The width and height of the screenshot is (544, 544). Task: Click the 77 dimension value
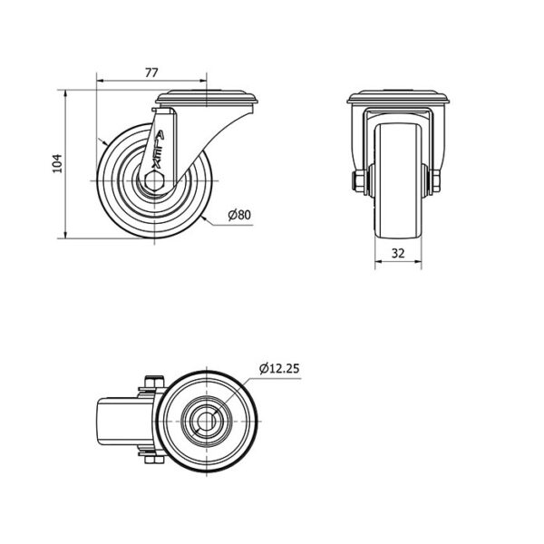coord(151,73)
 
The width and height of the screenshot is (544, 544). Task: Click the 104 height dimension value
coord(56,163)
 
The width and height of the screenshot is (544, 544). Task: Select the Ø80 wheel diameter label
coord(239,215)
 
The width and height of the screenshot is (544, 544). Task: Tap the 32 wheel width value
coord(398,253)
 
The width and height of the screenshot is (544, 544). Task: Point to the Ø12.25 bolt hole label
coord(279,368)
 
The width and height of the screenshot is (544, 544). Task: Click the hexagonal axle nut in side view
coord(154,180)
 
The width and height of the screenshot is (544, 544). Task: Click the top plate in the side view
coord(207,98)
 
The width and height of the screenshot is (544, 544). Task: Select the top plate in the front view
coord(398,97)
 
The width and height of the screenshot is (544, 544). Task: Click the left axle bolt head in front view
coord(357,181)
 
